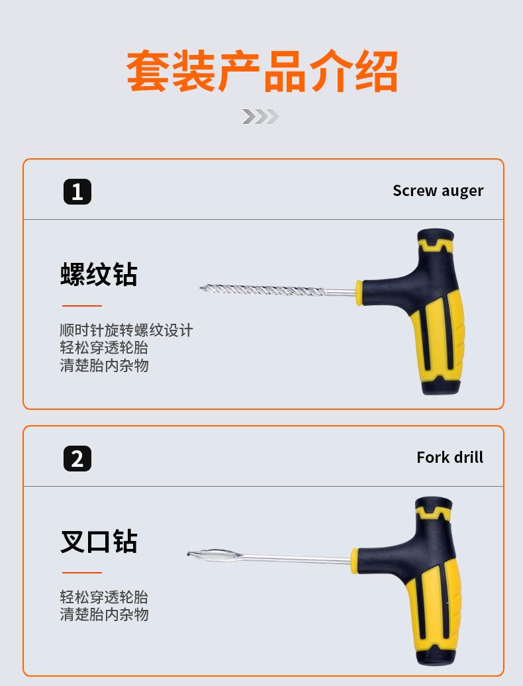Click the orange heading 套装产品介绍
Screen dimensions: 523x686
point(262,71)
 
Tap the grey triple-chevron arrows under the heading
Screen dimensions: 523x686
point(261,117)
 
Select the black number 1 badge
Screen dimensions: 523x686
point(77,191)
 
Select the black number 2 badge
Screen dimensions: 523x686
point(77,458)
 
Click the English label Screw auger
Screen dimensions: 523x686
point(438,191)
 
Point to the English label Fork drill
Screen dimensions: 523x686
point(450,457)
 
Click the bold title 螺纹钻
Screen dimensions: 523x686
point(99,274)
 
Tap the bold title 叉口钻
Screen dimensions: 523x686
point(99,541)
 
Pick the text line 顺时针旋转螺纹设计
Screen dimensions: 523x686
point(126,330)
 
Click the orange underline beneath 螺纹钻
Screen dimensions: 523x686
point(82,306)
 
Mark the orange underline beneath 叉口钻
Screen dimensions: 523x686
point(82,572)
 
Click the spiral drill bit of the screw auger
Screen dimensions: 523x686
point(262,289)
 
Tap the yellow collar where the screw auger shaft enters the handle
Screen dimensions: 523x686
point(359,293)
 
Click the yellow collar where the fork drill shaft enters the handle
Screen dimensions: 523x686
point(354,560)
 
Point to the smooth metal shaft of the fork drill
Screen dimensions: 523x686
point(297,558)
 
